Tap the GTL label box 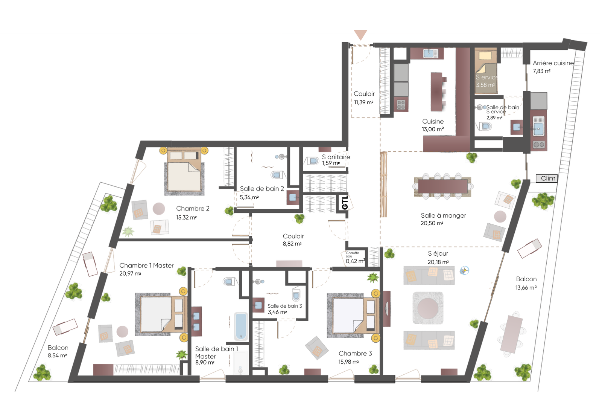pyautogui.click(x=345, y=202)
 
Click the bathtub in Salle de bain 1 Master pyautogui.click(x=241, y=326)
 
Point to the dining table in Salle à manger pyautogui.click(x=443, y=186)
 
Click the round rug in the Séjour pyautogui.click(x=428, y=308)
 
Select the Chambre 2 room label pyautogui.click(x=193, y=209)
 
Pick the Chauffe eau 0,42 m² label pyautogui.click(x=355, y=258)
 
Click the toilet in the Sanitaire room pyautogui.click(x=312, y=161)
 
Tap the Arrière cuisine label pyautogui.click(x=553, y=63)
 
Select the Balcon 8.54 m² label pyautogui.click(x=58, y=352)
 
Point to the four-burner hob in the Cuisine pyautogui.click(x=401, y=104)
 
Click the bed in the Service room pyautogui.click(x=485, y=71)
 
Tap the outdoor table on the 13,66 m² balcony pyautogui.click(x=511, y=334)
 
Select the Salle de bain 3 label pyautogui.click(x=284, y=306)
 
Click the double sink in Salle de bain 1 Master pyautogui.click(x=196, y=322)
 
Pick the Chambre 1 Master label pyautogui.click(x=146, y=265)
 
